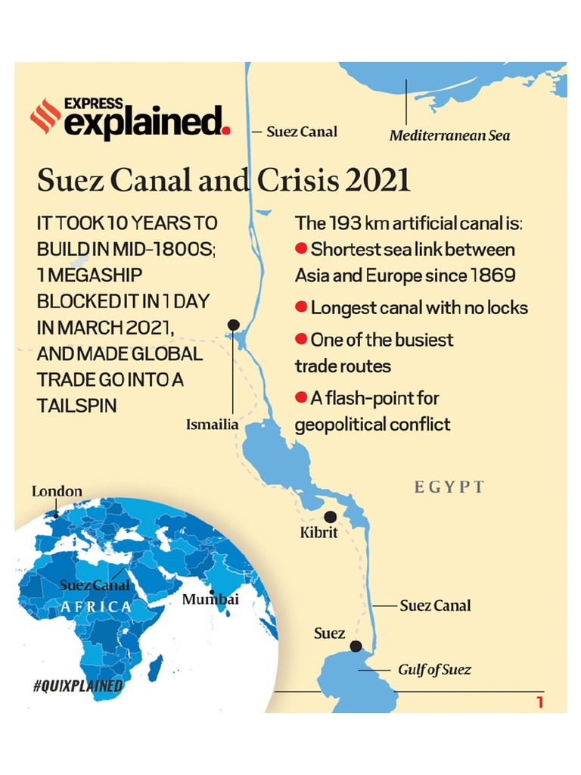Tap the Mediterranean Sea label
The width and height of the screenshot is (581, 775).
pos(449,136)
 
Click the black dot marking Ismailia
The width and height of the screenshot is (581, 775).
pos(233,325)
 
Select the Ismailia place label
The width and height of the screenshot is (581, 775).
pos(212,425)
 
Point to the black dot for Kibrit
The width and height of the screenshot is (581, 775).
pos(330,517)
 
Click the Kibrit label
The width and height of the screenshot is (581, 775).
pos(318,533)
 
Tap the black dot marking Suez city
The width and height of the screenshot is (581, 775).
pos(356,646)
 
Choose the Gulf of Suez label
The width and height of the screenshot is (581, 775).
pos(434,670)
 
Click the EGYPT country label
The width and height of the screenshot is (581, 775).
pos(449,487)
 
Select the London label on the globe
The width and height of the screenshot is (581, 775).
pos(57,492)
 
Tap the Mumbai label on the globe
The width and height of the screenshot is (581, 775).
pos(210,599)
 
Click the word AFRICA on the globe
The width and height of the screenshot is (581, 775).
pos(96,607)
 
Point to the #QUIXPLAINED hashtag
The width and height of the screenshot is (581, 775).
pos(78,686)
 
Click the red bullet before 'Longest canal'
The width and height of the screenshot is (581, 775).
pos(300,307)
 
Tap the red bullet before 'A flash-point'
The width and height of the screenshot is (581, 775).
pos(300,397)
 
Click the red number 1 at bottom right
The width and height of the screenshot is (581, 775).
pos(539,702)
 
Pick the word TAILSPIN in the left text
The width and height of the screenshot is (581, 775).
pos(76,406)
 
